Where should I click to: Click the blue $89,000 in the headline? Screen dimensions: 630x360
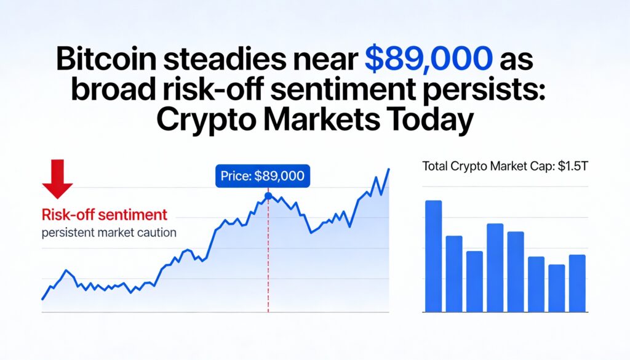(x=428, y=58)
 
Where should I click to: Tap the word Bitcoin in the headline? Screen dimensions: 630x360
(x=106, y=58)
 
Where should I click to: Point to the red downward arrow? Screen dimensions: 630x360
(x=57, y=179)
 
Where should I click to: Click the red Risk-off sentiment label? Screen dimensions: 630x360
(x=105, y=215)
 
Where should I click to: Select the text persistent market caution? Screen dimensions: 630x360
(x=109, y=233)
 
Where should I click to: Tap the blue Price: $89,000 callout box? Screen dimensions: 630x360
(x=263, y=176)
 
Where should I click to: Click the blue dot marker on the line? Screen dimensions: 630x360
(x=268, y=196)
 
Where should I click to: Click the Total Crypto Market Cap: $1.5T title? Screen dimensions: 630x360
(x=505, y=166)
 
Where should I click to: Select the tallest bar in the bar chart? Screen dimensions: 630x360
(x=434, y=256)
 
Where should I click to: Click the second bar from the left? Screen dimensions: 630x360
(x=454, y=274)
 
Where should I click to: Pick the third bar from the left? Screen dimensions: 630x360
(x=474, y=281)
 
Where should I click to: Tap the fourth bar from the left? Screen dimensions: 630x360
(x=495, y=268)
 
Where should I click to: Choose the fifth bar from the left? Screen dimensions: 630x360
(x=516, y=271)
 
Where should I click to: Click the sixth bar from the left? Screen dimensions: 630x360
(x=536, y=284)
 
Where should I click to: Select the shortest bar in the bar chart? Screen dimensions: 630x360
(x=556, y=288)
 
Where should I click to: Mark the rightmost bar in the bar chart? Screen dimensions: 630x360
(x=577, y=283)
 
